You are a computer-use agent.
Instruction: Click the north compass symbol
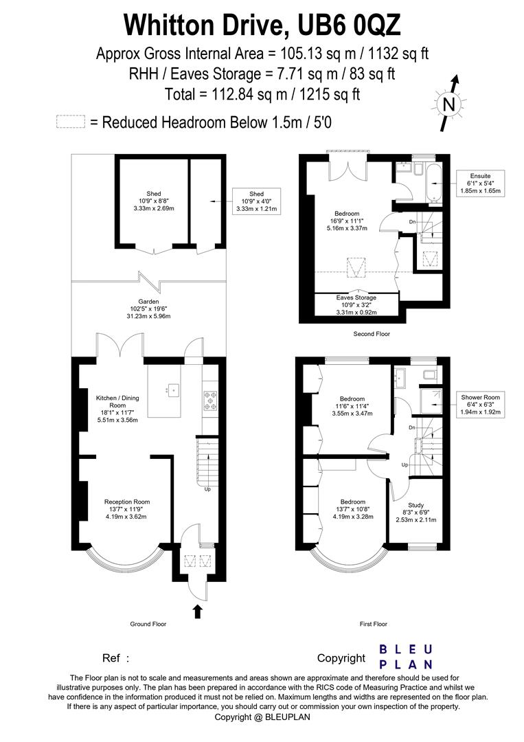click(x=448, y=104)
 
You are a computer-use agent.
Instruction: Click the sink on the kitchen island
click(x=172, y=390)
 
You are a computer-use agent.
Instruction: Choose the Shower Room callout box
click(x=481, y=404)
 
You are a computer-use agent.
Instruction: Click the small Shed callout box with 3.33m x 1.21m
click(x=256, y=201)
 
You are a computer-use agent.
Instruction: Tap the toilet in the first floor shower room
click(x=429, y=374)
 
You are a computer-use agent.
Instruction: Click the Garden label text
click(x=148, y=302)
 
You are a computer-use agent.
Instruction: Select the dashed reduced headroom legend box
click(x=71, y=122)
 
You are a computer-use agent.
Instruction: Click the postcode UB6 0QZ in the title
click(x=348, y=25)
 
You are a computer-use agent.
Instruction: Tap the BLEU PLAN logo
click(x=406, y=656)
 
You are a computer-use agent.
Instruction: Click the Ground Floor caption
click(x=148, y=624)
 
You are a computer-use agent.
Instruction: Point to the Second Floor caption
click(x=372, y=334)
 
